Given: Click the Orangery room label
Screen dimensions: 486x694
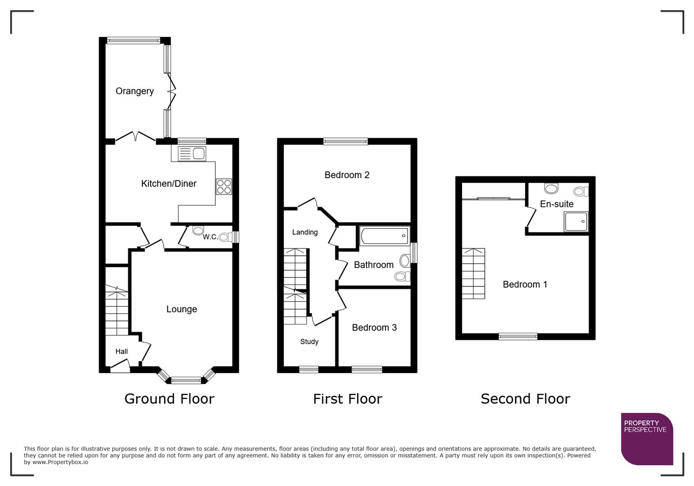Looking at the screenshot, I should (134, 91).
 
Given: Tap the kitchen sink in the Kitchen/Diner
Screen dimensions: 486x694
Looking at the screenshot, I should (192, 154).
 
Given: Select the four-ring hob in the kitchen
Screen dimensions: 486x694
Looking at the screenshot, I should (224, 186).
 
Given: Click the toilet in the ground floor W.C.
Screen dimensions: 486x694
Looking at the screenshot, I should (198, 230).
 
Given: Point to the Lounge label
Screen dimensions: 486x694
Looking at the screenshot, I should (182, 309).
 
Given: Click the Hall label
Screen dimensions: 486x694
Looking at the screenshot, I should (121, 351).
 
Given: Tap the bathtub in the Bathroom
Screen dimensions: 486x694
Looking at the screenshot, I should (385, 236).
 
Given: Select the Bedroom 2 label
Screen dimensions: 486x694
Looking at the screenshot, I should (347, 175).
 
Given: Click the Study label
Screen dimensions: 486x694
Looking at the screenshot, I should (309, 342).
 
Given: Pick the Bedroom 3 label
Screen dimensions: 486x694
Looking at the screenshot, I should (374, 328).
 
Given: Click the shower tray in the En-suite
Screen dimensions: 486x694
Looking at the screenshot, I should (576, 221).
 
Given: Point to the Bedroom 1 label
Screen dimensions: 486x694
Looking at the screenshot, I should (525, 284).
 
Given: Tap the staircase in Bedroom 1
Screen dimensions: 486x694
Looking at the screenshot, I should (473, 273).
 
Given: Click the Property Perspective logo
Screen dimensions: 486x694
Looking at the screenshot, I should (647, 439).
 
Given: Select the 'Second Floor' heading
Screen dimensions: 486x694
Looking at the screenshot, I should (525, 399).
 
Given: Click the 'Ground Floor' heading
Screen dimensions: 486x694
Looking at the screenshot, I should (169, 399).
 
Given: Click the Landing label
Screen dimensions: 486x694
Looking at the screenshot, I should (305, 232).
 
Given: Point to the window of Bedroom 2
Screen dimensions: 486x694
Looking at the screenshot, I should (345, 141).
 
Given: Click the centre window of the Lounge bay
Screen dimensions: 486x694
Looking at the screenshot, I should (186, 381).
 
